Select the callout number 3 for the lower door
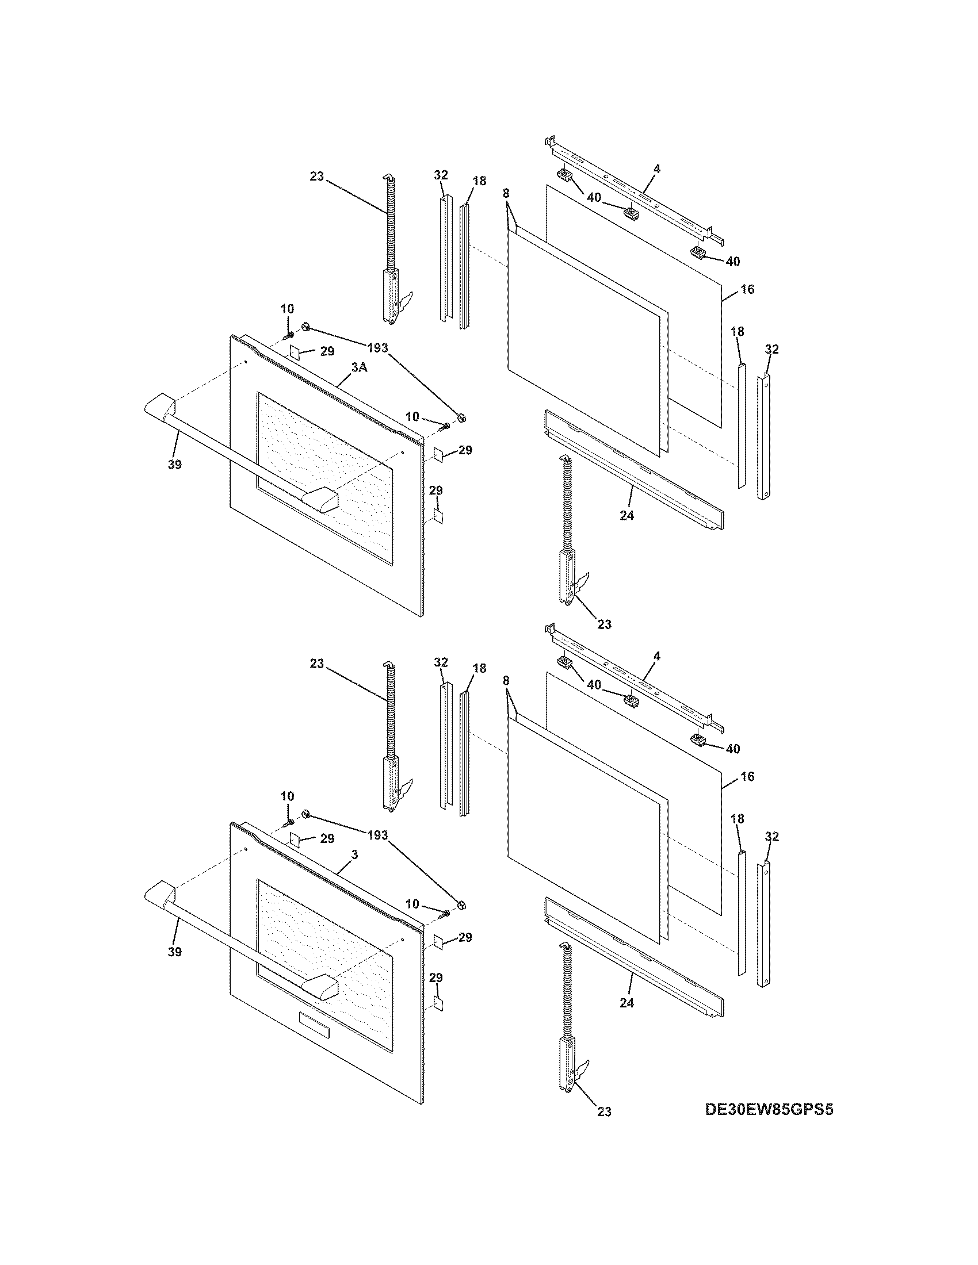click(354, 855)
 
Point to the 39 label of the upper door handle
click(174, 464)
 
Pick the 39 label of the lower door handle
click(174, 951)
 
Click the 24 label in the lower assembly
click(627, 1003)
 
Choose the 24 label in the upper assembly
click(627, 515)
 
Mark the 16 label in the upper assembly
click(748, 289)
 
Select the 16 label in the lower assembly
click(748, 776)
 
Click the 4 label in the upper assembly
click(657, 168)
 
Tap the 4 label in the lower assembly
click(657, 655)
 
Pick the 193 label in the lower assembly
click(377, 835)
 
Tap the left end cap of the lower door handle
click(158, 892)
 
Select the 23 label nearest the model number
click(603, 1111)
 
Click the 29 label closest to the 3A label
click(327, 351)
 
